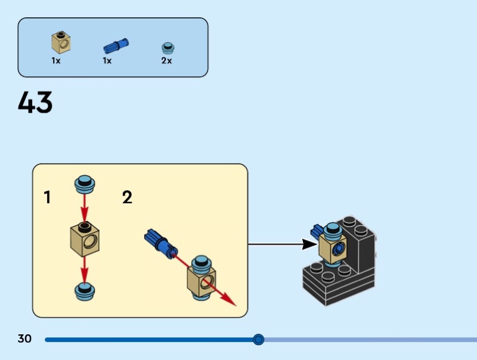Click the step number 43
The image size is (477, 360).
(x=35, y=103)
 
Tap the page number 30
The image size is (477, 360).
(x=24, y=339)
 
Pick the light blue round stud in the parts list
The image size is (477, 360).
(x=168, y=48)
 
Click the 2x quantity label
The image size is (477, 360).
(x=166, y=61)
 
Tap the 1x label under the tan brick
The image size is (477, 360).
(x=56, y=61)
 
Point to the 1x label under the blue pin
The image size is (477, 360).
(x=107, y=61)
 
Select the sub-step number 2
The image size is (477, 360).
(x=127, y=197)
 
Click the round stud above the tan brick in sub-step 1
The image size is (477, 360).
(x=85, y=184)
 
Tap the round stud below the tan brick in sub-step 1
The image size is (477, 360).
(x=85, y=290)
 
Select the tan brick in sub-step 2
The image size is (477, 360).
(x=199, y=280)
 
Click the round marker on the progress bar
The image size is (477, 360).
(x=258, y=339)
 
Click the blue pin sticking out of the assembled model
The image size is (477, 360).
(x=316, y=229)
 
